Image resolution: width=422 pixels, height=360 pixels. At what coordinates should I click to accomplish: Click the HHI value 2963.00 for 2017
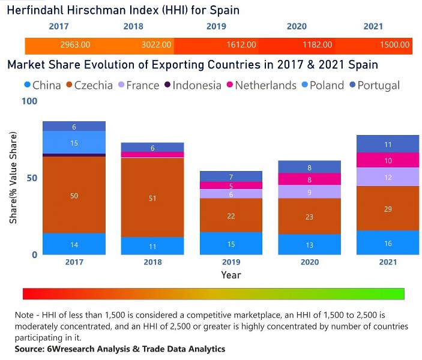75,45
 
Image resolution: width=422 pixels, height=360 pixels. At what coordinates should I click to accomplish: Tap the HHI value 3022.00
157,45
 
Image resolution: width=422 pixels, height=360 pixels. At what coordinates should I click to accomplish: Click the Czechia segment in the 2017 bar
74,195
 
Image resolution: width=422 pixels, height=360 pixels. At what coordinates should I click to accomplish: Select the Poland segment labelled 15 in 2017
74,143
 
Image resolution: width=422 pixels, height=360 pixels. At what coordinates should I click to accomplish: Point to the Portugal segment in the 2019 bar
231,176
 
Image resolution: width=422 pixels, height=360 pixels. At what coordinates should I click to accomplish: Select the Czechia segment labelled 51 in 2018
152,197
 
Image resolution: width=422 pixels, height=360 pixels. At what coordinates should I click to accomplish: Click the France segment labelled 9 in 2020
309,192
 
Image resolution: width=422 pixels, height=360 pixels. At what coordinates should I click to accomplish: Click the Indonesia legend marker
166,85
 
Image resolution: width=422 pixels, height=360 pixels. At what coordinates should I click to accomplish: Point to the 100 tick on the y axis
29,101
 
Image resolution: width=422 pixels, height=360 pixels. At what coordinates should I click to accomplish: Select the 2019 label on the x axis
231,262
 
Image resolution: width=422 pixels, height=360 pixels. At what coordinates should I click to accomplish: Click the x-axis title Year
231,275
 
